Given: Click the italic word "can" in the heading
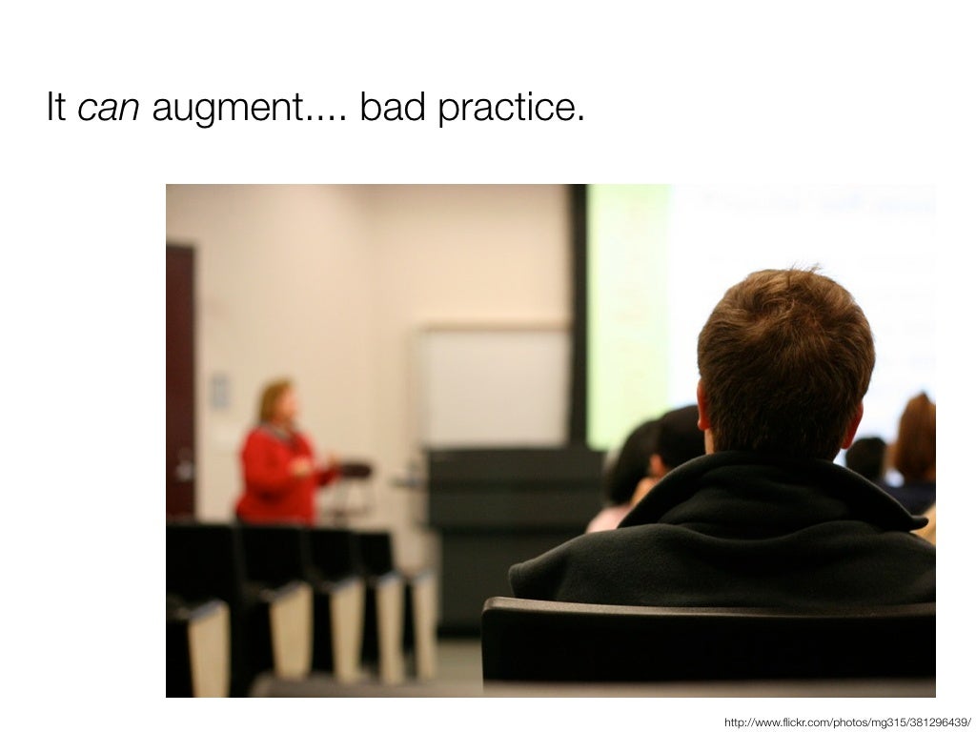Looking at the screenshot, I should pos(108,109).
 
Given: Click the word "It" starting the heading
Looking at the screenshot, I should pos(55,109).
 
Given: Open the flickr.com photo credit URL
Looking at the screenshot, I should pos(847,722).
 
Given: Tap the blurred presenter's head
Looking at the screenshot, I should pos(276,400).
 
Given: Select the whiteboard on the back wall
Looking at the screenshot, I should pos(494,386).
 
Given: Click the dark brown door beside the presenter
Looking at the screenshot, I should pos(180,381).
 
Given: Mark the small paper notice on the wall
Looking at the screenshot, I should pos(220,391).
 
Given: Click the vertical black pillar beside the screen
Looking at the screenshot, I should pos(577,315).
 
